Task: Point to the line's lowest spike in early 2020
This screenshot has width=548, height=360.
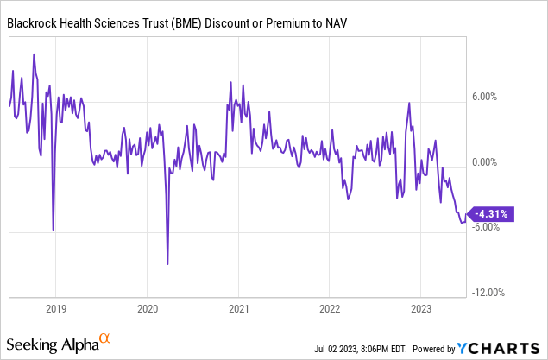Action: point(167,263)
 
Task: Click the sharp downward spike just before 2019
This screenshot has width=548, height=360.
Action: point(54,229)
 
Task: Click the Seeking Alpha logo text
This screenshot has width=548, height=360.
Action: point(49,344)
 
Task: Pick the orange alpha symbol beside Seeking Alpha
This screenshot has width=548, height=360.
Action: point(104,338)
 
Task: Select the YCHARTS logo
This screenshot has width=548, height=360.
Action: point(499,348)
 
